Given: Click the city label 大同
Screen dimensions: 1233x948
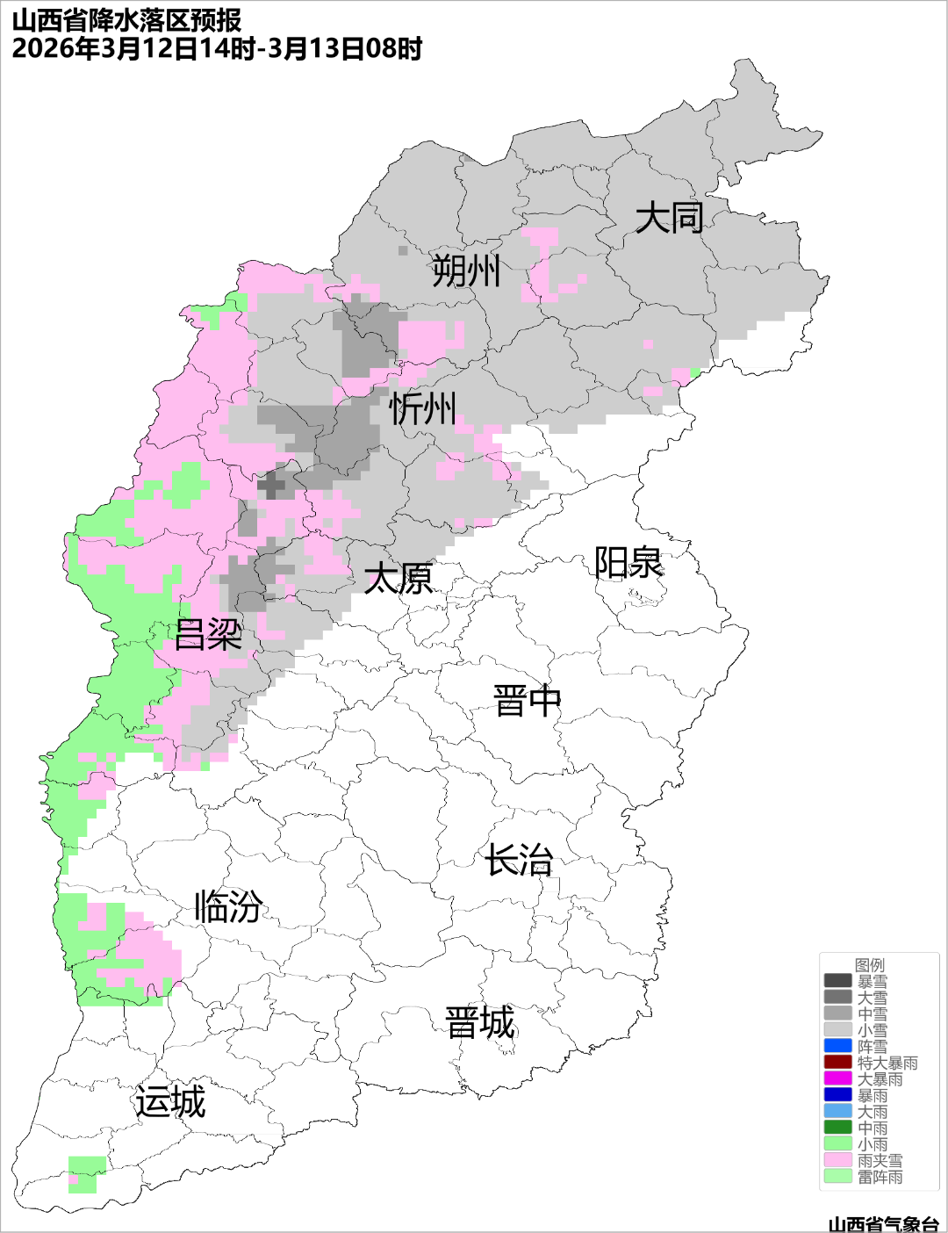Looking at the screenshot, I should pyautogui.click(x=669, y=218).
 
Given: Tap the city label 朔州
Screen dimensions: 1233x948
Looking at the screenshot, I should pyautogui.click(x=466, y=270).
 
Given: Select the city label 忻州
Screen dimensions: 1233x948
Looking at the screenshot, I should pyautogui.click(x=423, y=409).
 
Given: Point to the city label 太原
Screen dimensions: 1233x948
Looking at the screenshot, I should pyautogui.click(x=399, y=579).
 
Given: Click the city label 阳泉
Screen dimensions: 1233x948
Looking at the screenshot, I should pyautogui.click(x=628, y=563).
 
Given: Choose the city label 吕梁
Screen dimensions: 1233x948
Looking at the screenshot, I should pyautogui.click(x=208, y=635).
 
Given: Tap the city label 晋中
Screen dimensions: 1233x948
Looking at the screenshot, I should pyautogui.click(x=527, y=702).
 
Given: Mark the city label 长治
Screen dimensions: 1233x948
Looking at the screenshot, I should pyautogui.click(x=520, y=860).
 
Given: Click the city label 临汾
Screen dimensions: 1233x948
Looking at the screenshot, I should pyautogui.click(x=228, y=906).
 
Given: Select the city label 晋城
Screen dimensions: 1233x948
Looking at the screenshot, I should pyautogui.click(x=480, y=1023).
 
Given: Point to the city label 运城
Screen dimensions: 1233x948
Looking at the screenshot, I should pyautogui.click(x=170, y=1102).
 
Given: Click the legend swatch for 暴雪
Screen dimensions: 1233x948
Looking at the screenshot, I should pyautogui.click(x=837, y=981).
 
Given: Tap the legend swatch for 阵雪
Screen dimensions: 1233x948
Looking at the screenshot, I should pyautogui.click(x=837, y=1046).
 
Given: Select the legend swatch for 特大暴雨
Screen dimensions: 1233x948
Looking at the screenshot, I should pyautogui.click(x=837, y=1063).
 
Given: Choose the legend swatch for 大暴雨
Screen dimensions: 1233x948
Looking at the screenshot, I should pyautogui.click(x=837, y=1078).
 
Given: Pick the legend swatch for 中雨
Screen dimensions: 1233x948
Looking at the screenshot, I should pyautogui.click(x=837, y=1128).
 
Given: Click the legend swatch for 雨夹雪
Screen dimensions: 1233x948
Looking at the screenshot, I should pyautogui.click(x=837, y=1160).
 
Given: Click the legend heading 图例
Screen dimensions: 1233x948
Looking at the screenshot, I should pyautogui.click(x=870, y=965).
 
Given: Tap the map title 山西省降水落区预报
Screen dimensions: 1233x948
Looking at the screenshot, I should pyautogui.click(x=127, y=20).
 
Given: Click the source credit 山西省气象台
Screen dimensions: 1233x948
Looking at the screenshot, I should pyautogui.click(x=883, y=1223).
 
